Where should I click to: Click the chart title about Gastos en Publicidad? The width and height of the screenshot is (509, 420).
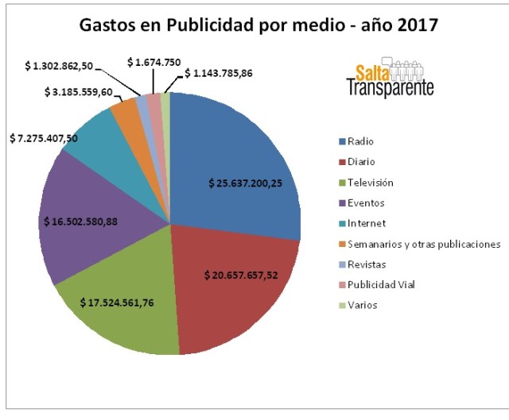[x=258, y=25]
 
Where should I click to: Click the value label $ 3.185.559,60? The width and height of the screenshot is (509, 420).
[x=67, y=93]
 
